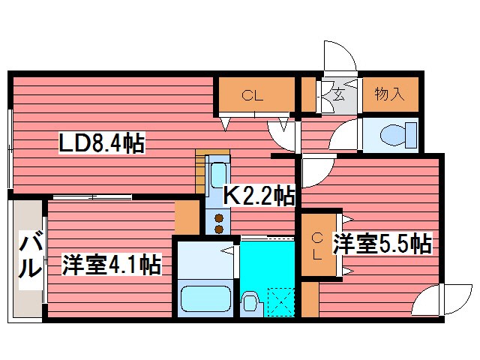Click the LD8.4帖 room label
(103, 142)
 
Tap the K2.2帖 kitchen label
(259, 196)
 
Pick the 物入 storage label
(389, 95)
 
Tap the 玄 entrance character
(338, 95)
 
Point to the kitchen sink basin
(218, 175)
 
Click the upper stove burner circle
(219, 218)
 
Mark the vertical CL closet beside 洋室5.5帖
(317, 247)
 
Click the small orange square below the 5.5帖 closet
(309, 299)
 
